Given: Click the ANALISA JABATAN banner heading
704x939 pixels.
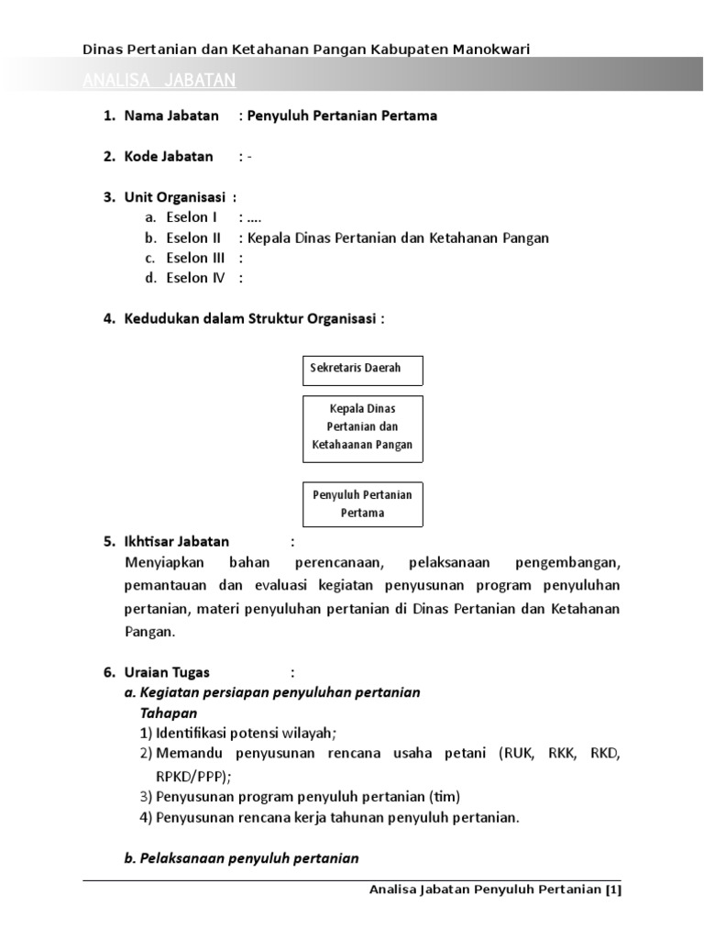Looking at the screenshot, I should tap(159, 81).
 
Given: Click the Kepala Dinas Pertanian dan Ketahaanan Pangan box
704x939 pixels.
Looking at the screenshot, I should tap(362, 427).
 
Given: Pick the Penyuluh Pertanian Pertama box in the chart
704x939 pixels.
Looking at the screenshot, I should tap(362, 503).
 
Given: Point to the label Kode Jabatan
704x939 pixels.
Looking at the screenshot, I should tap(169, 156).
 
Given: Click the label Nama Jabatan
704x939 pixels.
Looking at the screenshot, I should tap(171, 116).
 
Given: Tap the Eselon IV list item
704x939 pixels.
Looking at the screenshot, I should tap(195, 278).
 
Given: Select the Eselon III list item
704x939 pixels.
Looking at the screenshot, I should tap(195, 258).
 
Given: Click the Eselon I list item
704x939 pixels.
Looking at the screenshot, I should tap(192, 217).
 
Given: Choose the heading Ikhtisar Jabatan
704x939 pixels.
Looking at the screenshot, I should tap(177, 541).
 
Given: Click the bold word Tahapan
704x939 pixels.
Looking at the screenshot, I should tap(169, 713).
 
